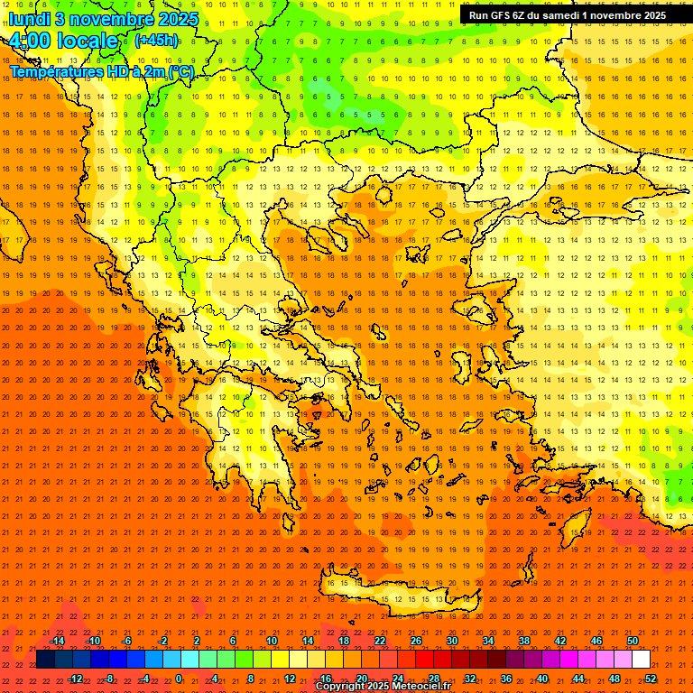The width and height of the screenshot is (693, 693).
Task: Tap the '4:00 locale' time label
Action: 63,41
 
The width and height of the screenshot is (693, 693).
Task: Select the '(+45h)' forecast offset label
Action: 156,41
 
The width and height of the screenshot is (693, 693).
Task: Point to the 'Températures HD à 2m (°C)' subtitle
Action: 102,71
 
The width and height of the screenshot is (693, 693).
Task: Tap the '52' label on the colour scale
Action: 651,678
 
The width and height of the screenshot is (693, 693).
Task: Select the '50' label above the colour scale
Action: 632,641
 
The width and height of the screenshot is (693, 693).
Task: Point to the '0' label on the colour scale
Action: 178,678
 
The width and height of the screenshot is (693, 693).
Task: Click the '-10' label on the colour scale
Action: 92,641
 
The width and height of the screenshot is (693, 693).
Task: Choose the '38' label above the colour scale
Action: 523,641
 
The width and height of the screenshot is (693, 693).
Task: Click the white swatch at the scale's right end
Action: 641,660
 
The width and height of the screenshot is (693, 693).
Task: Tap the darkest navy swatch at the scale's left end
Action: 45,660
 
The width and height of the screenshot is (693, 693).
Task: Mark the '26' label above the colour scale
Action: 415,641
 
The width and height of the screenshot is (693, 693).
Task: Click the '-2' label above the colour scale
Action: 162,641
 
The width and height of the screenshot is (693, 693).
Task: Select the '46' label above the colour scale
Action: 596,641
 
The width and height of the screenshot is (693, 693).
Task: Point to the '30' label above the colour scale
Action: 451,641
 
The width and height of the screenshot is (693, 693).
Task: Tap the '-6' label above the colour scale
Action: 127,641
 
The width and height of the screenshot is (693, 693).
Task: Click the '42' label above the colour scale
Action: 559,641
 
